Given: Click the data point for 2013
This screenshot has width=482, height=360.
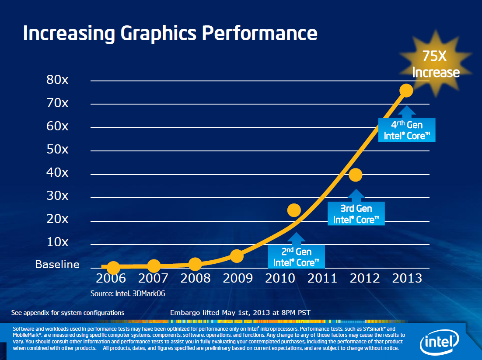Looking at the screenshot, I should (406, 91).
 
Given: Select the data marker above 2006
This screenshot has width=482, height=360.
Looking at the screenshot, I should (113, 267).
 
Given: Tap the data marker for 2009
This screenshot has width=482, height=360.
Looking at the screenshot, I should (237, 256).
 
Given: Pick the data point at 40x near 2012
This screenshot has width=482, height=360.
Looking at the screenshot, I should (356, 175).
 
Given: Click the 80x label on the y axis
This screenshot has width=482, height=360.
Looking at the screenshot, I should (57, 80).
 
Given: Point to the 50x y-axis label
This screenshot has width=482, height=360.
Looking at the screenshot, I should (57, 149).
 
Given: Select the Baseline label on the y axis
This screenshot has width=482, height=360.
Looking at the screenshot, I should (57, 265).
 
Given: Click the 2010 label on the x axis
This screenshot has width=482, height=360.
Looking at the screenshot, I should (280, 278).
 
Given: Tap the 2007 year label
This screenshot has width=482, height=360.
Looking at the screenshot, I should (153, 278).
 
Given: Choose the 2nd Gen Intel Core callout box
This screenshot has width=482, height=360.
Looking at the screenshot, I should (297, 257).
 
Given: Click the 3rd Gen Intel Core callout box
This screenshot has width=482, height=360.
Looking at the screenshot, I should (356, 214).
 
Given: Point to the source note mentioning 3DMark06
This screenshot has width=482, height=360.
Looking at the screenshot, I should (128, 294).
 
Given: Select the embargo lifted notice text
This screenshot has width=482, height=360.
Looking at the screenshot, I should (240, 312).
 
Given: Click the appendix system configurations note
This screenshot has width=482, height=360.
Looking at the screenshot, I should (68, 312).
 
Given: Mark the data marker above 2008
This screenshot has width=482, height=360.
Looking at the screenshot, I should (195, 264).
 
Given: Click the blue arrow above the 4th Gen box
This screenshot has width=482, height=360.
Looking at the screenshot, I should (407, 111).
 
